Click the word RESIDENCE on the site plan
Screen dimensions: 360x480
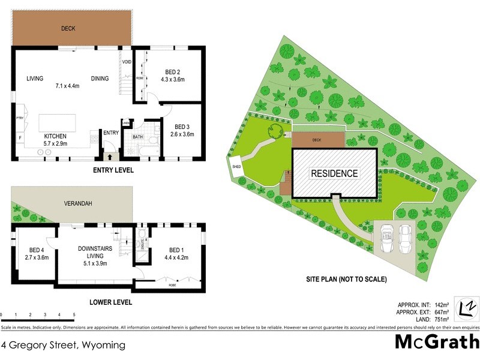tap(334, 173)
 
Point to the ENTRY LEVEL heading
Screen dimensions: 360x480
tap(113, 170)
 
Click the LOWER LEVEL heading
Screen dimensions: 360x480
tap(112, 302)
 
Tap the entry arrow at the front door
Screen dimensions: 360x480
tap(109, 156)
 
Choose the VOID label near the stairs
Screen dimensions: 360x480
tap(127, 62)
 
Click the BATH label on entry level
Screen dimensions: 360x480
tap(138, 137)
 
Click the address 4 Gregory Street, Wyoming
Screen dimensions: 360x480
tap(64, 345)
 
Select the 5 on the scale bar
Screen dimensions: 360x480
tap(73, 314)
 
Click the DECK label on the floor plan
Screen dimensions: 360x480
tap(68, 28)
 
